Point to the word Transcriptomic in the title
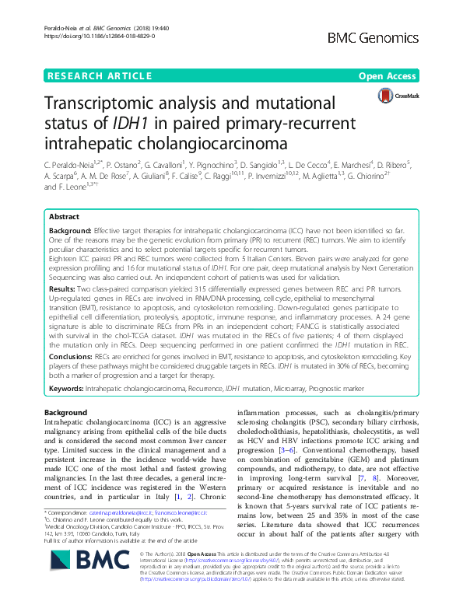pyautogui.click(x=125, y=103)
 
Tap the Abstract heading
pyautogui.click(x=65, y=220)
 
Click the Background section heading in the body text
pyautogui.click(x=65, y=411)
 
